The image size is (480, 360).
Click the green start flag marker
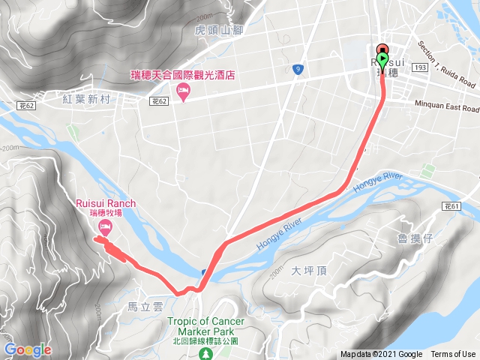point(383,60)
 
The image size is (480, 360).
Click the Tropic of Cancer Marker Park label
point(205,327)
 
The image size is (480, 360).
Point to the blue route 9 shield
point(298,70)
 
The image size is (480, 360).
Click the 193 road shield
point(441,67)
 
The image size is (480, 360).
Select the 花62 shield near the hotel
point(158,99)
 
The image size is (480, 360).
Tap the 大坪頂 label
point(306,271)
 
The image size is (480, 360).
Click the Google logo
point(28,349)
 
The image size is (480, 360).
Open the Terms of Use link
point(453,354)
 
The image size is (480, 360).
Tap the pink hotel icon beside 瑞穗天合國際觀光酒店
point(183,91)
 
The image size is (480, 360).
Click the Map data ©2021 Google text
point(381,354)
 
